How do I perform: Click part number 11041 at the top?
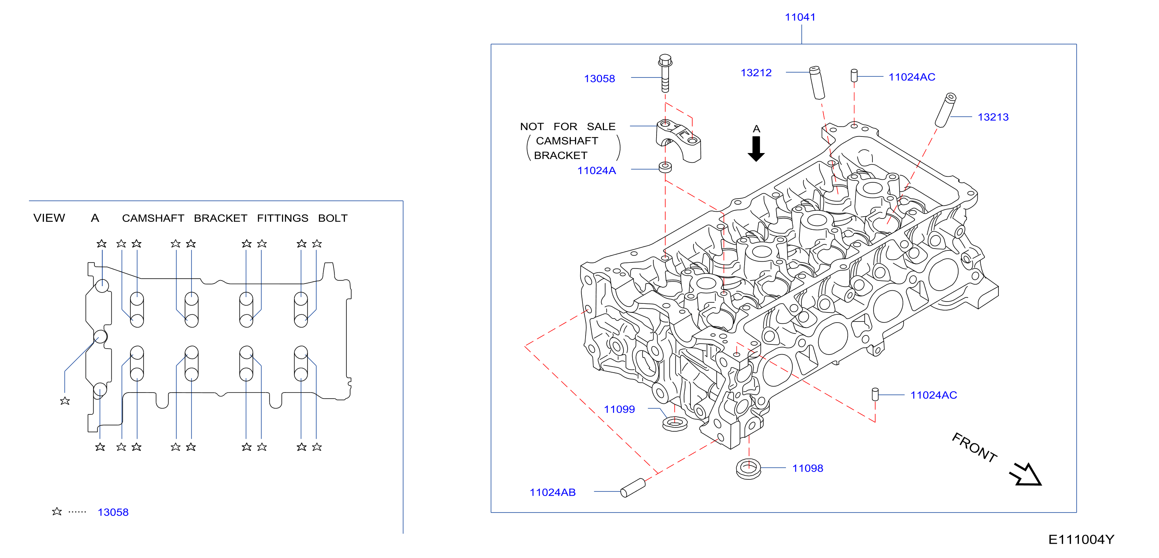(800, 17)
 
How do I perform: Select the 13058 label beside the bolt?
(599, 79)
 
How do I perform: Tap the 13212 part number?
(756, 73)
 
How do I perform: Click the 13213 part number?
(993, 117)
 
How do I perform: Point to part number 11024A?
(596, 171)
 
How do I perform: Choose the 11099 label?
(619, 409)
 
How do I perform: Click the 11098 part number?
(808, 469)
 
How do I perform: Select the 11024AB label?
(552, 492)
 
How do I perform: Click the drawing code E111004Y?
(1081, 540)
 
